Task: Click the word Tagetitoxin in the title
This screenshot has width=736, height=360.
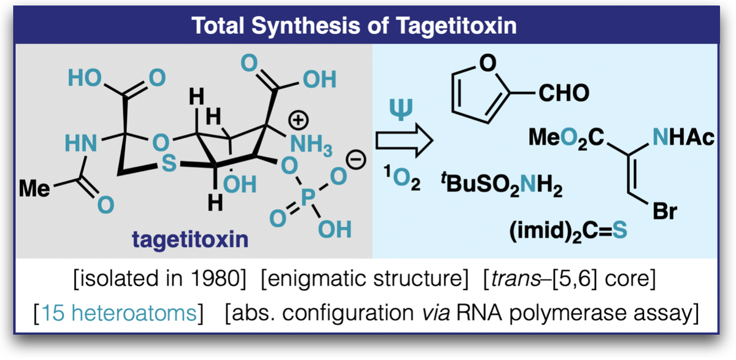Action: pyautogui.click(x=456, y=26)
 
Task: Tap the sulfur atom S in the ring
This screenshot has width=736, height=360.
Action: pyautogui.click(x=169, y=163)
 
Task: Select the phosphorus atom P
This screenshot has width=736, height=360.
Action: pyautogui.click(x=308, y=197)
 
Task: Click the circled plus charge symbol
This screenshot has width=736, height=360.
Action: pyautogui.click(x=298, y=120)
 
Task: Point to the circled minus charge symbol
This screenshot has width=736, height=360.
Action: pyautogui.click(x=356, y=159)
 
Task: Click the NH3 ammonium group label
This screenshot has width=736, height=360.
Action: pyautogui.click(x=311, y=145)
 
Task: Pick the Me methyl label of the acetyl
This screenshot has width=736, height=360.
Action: pyautogui.click(x=34, y=188)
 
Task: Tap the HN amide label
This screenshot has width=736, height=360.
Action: pyautogui.click(x=81, y=144)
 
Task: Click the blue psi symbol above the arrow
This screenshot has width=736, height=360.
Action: pyautogui.click(x=401, y=109)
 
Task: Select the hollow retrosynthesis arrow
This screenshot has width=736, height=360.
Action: pyautogui.click(x=404, y=140)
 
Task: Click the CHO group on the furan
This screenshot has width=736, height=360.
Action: pyautogui.click(x=564, y=93)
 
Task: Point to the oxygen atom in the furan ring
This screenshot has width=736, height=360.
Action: pyautogui.click(x=488, y=63)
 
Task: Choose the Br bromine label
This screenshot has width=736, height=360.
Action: pyautogui.click(x=665, y=211)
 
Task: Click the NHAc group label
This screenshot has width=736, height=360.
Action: pyautogui.click(x=683, y=137)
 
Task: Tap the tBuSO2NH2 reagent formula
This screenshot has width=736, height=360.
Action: pyautogui.click(x=502, y=185)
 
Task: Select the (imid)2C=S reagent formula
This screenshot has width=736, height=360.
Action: pyautogui.click(x=568, y=232)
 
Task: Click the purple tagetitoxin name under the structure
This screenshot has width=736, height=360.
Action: pyautogui.click(x=190, y=240)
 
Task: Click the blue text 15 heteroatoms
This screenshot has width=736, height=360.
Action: pyautogui.click(x=119, y=312)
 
